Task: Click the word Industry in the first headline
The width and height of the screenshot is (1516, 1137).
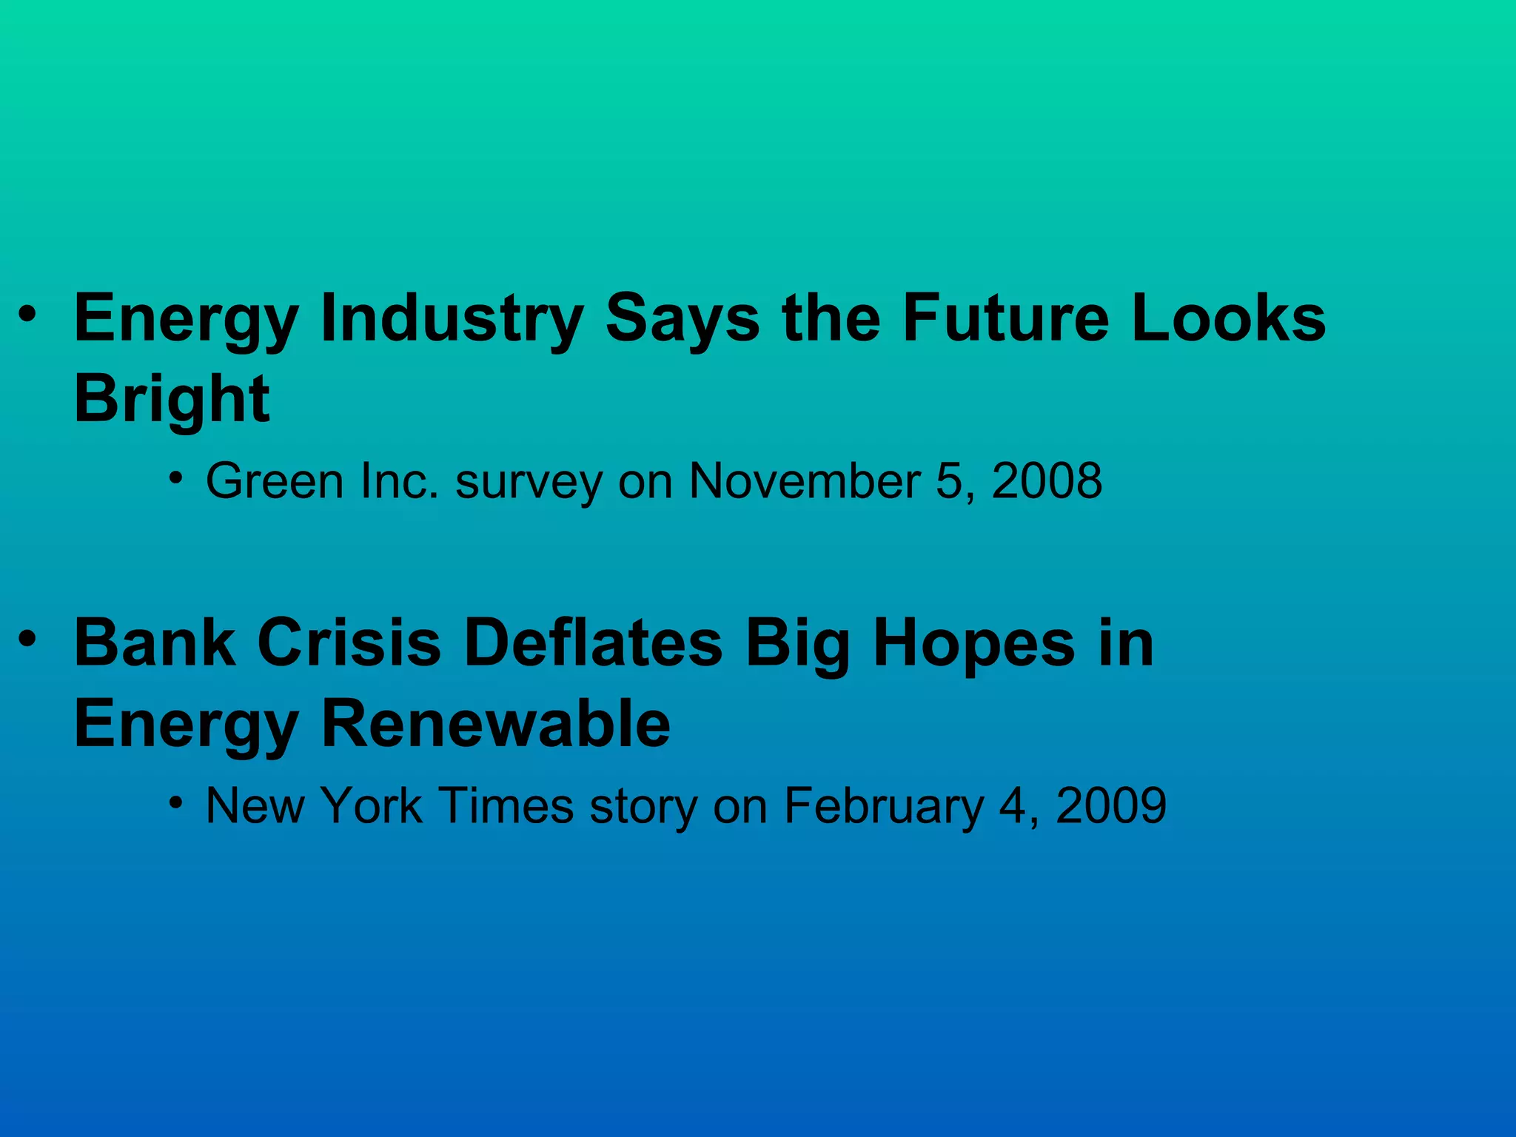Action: point(452,318)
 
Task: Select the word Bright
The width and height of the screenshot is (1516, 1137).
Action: point(172,398)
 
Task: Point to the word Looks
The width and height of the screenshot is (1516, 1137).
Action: point(1229,318)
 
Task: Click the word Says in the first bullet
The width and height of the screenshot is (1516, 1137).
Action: point(682,320)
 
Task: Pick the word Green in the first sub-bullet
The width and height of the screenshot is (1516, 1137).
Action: point(275,481)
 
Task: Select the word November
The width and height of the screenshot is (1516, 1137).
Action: point(805,481)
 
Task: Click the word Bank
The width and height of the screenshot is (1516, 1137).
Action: point(155,643)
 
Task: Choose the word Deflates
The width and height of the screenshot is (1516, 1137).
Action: point(593,643)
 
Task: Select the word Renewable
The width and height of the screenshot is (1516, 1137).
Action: point(496,723)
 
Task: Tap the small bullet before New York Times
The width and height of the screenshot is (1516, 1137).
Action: point(175,802)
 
